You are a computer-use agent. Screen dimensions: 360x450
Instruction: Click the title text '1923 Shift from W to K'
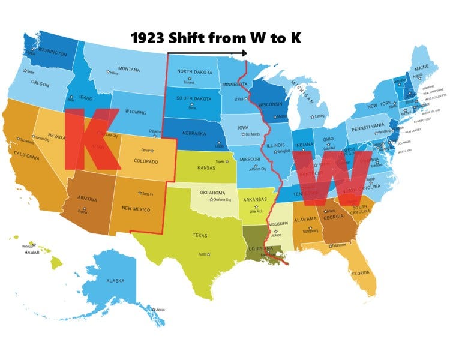click(x=215, y=39)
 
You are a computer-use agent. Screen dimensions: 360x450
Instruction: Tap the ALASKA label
click(x=115, y=281)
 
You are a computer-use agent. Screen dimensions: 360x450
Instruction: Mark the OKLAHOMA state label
click(x=209, y=193)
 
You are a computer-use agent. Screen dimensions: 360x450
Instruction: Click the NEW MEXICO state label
click(x=136, y=209)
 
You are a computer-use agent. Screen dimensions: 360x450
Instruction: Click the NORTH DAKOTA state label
click(x=193, y=72)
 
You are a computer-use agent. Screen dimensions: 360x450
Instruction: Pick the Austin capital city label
click(x=204, y=254)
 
